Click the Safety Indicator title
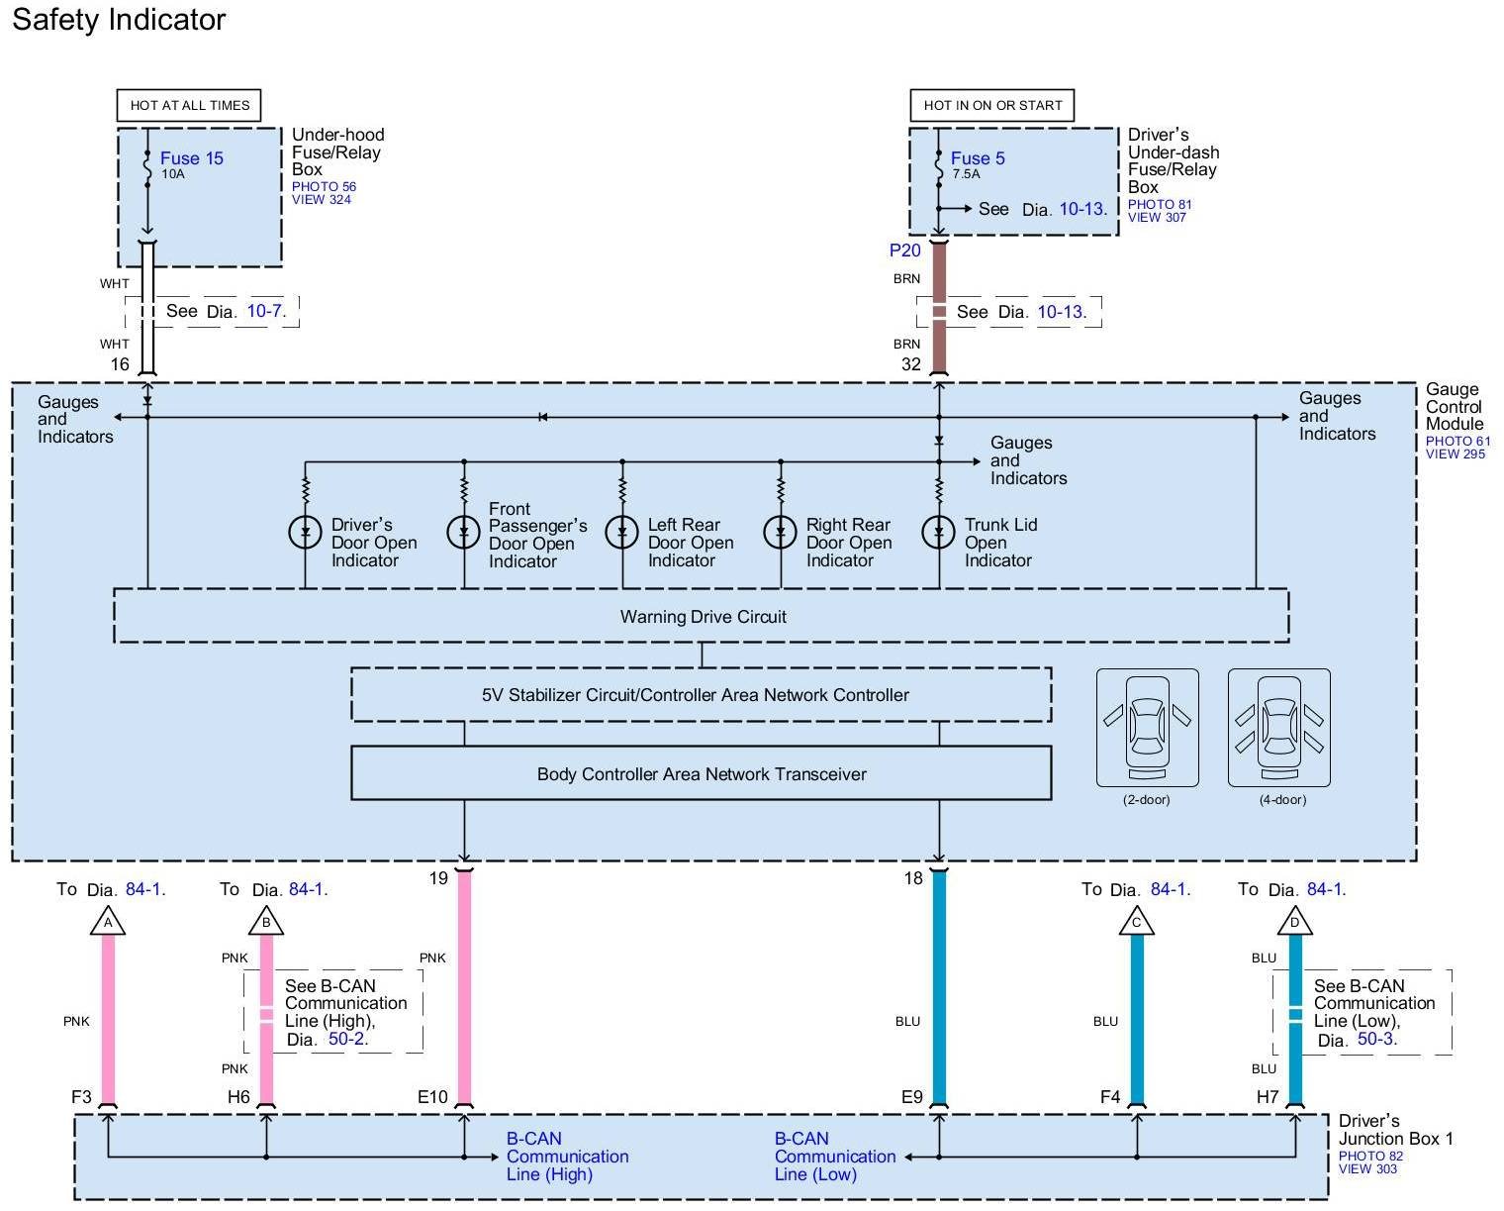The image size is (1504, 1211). click(119, 20)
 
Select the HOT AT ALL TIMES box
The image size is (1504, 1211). click(189, 105)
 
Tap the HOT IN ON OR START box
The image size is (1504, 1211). click(991, 105)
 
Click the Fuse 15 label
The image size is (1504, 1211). click(192, 158)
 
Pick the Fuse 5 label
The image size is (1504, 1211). click(978, 158)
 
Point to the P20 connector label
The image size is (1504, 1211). click(905, 250)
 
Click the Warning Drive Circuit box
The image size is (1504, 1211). click(701, 616)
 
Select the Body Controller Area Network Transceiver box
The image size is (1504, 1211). click(701, 773)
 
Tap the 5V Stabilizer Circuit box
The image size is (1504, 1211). click(701, 695)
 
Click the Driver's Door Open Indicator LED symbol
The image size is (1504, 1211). click(306, 533)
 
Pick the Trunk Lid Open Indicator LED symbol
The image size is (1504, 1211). click(939, 533)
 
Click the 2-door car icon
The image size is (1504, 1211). click(1147, 728)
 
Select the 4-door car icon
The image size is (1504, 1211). click(1279, 728)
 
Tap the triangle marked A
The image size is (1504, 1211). click(108, 921)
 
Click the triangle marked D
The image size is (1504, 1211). click(1294, 921)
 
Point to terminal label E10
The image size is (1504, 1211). click(432, 1096)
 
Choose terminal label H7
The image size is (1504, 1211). click(1268, 1096)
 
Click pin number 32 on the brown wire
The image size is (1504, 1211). click(911, 363)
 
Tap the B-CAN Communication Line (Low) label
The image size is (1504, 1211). click(834, 1157)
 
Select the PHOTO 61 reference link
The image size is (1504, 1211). click(1457, 442)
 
